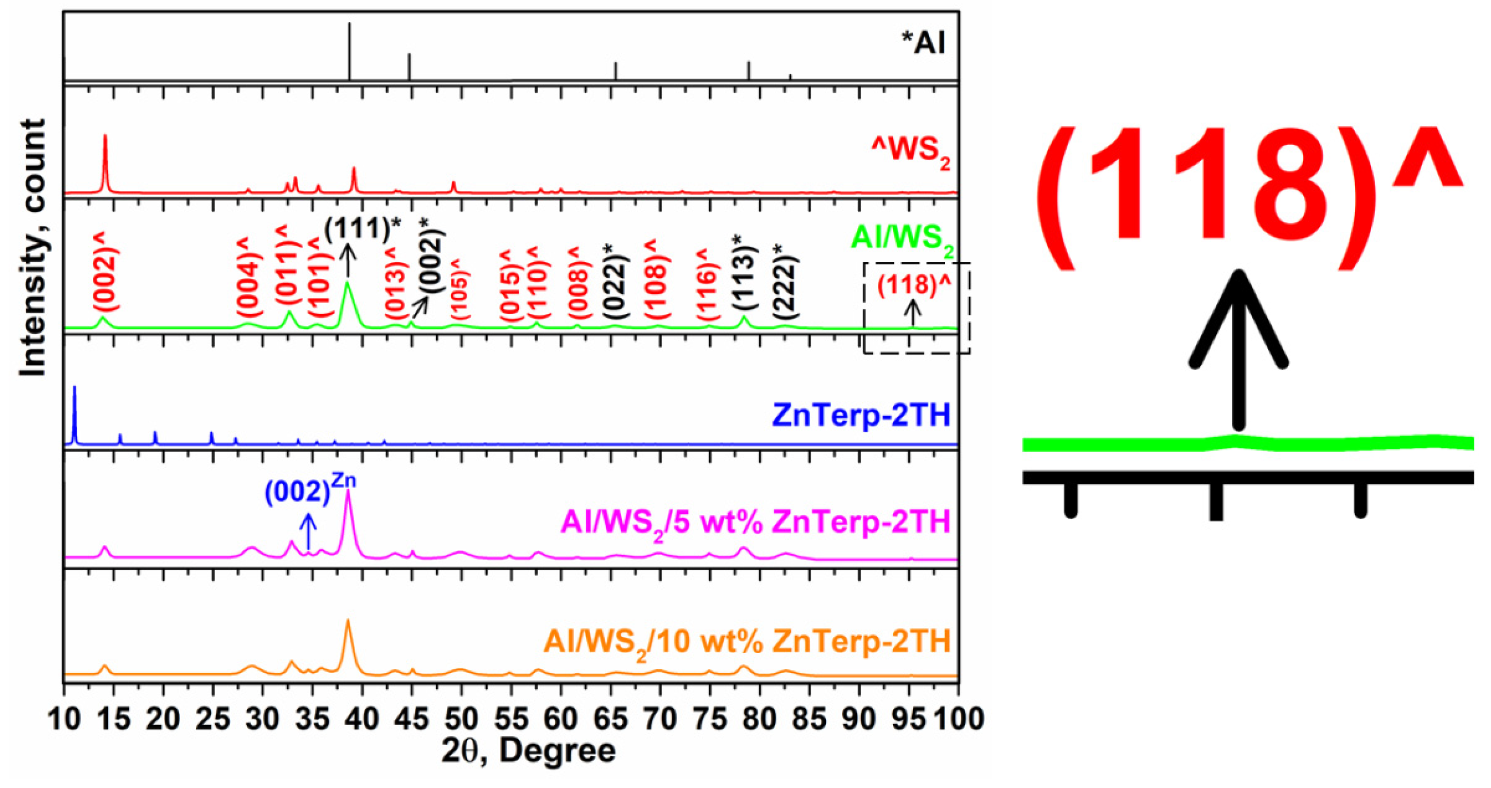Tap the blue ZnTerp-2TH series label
[861, 416]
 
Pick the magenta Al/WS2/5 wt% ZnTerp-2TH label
[755, 522]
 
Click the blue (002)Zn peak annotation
[309, 491]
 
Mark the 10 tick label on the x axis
[63, 719]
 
